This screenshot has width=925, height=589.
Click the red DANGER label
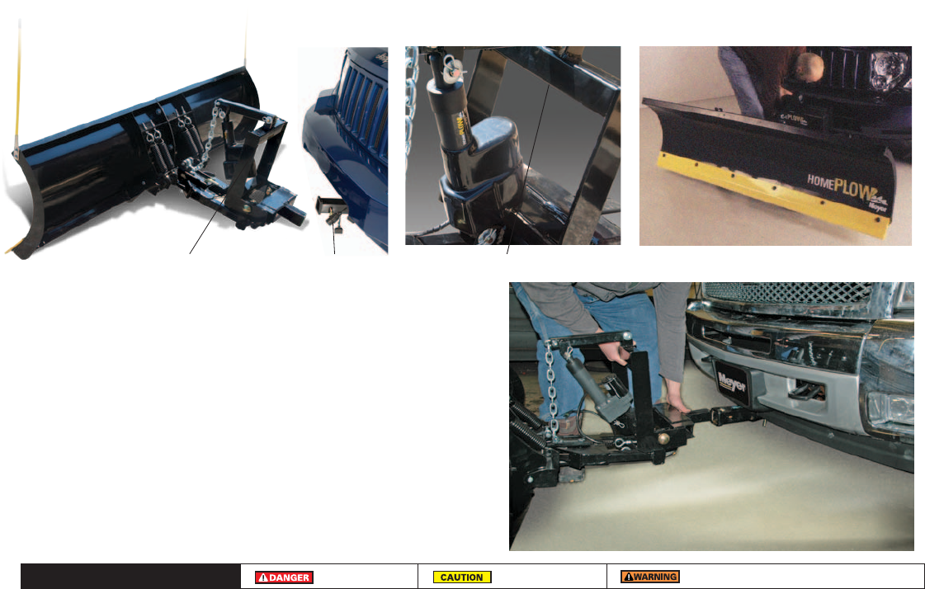tap(284, 577)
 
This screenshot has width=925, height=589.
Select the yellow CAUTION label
tap(462, 577)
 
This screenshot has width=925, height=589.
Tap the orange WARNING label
tap(650, 577)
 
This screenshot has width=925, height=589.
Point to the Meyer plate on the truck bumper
tap(732, 384)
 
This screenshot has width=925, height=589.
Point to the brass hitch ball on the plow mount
tap(664, 439)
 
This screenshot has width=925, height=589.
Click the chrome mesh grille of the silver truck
tap(788, 293)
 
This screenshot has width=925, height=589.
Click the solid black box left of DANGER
tap(130, 576)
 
